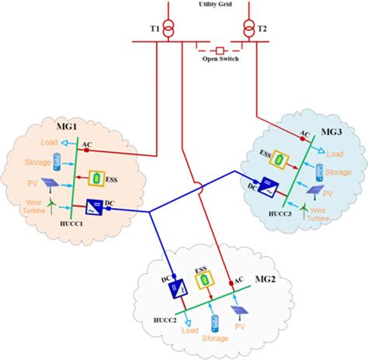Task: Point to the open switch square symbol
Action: click(x=220, y=46)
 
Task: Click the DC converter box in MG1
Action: click(x=95, y=209)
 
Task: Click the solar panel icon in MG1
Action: click(x=49, y=184)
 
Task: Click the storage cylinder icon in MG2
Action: click(x=215, y=318)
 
